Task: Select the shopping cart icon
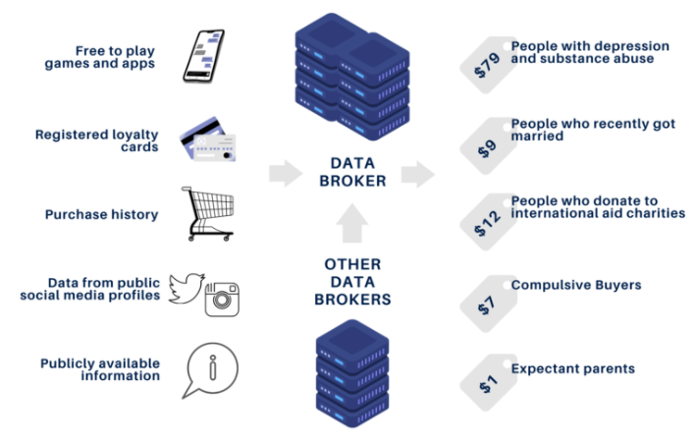209,214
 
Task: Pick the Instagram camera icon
222,299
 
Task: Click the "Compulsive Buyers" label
575,286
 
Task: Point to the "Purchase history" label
101,214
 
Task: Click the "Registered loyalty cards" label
96,141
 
